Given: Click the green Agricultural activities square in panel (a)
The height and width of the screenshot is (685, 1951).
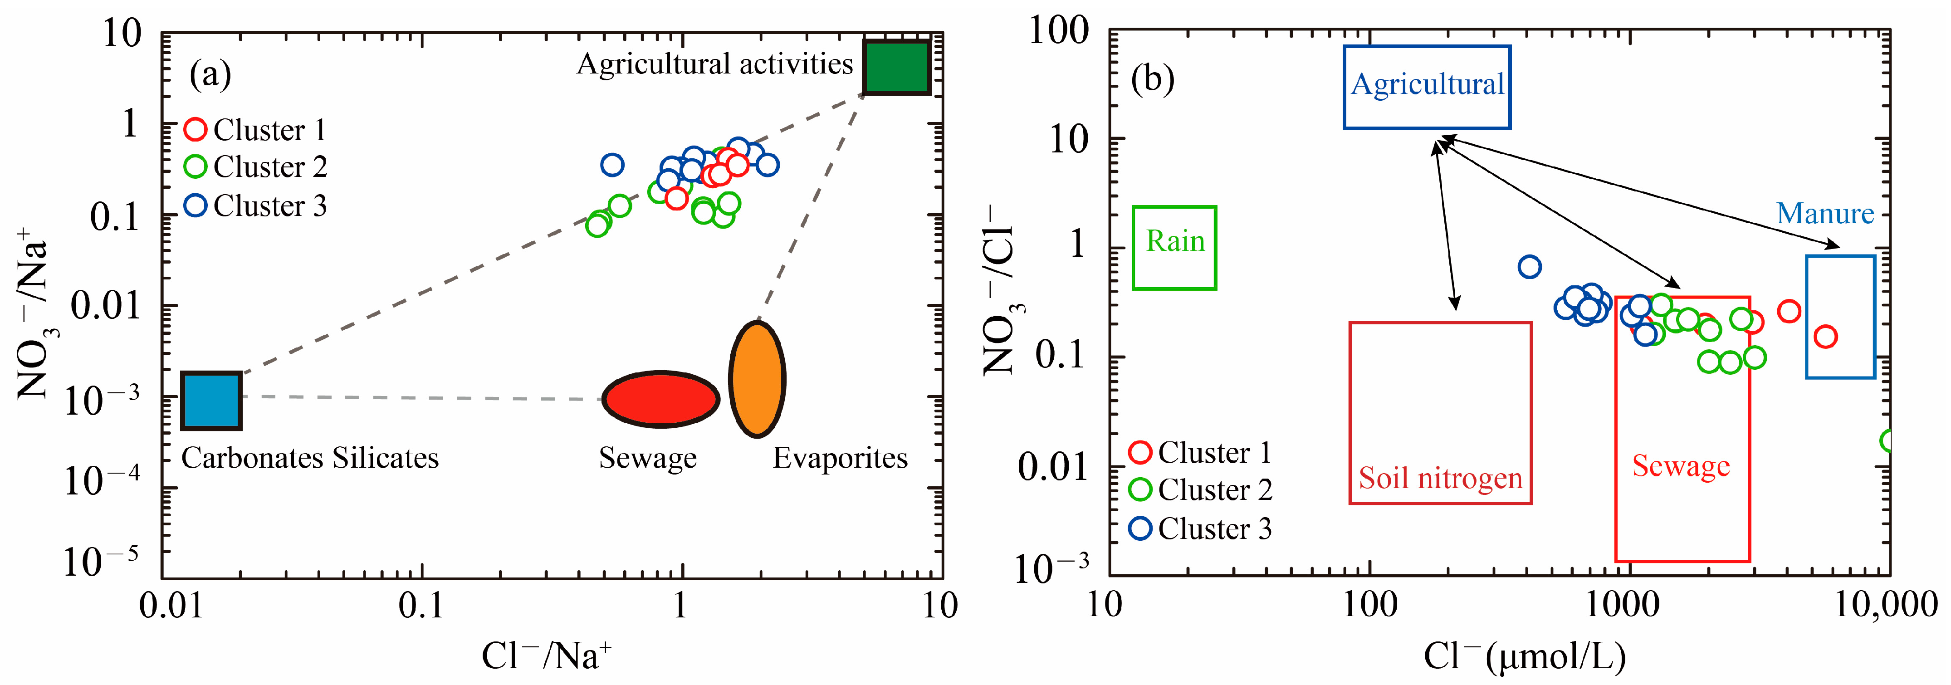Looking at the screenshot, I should (897, 68).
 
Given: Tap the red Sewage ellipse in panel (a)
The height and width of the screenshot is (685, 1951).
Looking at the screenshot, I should (660, 399).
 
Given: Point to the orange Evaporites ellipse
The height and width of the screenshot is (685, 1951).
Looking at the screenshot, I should (757, 379).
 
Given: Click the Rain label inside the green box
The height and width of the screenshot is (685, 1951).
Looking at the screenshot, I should (1175, 241).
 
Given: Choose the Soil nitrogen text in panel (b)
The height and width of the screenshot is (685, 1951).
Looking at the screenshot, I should (1440, 478).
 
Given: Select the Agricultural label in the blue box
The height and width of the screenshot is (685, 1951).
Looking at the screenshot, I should (1427, 84).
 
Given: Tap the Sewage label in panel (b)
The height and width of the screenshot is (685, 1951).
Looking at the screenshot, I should (1681, 466).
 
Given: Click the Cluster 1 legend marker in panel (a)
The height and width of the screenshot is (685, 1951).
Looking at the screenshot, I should (196, 130).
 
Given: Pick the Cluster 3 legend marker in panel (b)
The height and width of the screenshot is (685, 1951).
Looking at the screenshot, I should (1140, 528).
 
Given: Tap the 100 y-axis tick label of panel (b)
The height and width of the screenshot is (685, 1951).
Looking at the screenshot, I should (1059, 32).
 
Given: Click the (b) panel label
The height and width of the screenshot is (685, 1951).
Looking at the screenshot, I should (1152, 79).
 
